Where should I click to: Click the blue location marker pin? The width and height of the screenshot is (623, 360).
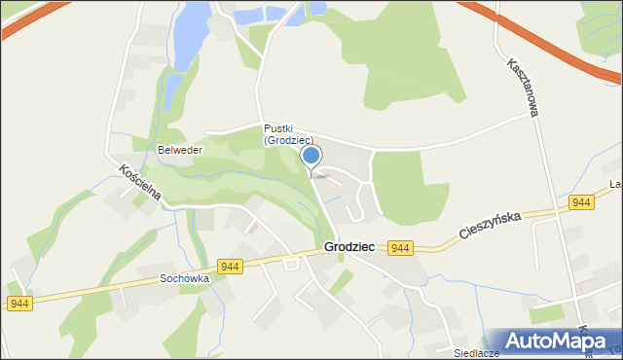pos(311,157)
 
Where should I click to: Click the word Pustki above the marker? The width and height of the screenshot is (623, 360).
pos(277,128)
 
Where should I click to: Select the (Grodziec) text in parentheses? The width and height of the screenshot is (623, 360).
pos(288,141)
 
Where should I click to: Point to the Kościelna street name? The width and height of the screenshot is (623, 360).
pos(138,183)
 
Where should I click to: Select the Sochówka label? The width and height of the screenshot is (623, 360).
pos(185,278)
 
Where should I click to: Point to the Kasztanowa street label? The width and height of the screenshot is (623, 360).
pos(522,88)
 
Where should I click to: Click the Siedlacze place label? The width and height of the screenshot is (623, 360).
pos(475,353)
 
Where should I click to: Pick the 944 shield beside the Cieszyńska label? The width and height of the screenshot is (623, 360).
pos(581,202)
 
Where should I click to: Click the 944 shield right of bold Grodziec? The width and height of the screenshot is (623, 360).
pos(400,249)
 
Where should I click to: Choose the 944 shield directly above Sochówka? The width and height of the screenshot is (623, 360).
pos(231,267)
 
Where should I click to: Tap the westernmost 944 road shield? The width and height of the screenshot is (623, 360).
pos(18,305)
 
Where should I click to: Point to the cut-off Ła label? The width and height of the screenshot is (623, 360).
pos(615,184)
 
